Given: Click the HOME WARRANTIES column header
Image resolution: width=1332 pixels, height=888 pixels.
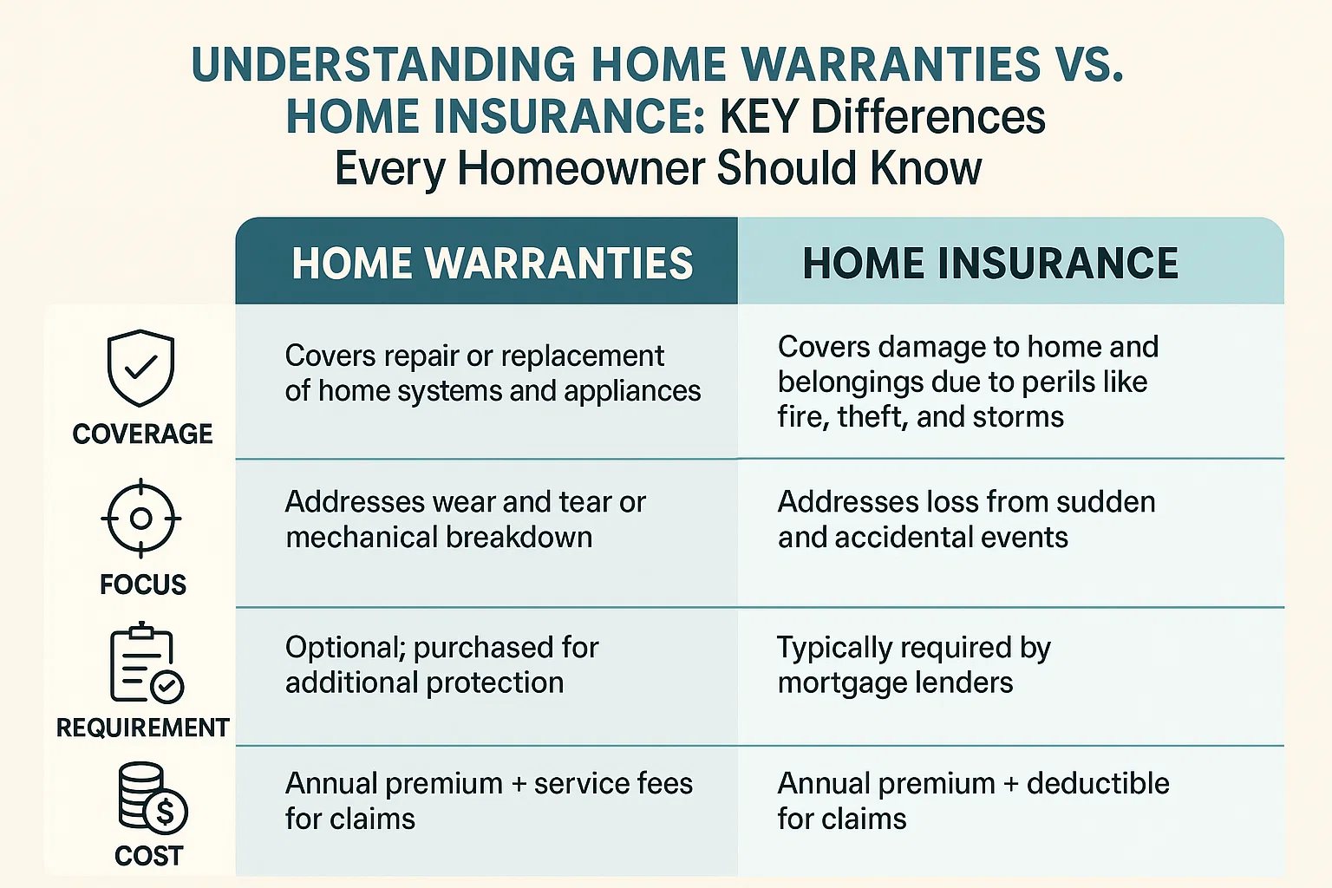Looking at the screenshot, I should point(492,264).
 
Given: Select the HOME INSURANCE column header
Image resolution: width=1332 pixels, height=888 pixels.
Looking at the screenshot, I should point(990,264).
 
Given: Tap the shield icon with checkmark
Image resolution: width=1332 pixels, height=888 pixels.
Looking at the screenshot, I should point(140,368).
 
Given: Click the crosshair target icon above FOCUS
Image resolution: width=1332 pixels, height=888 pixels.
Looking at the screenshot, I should point(141,519).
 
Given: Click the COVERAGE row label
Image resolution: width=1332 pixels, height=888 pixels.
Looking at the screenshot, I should point(142,434).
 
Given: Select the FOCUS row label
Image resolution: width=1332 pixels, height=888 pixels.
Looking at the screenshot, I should point(143,584).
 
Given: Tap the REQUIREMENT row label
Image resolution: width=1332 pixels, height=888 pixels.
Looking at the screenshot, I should point(143,727).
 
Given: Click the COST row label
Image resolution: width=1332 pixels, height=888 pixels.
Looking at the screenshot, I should point(149,856).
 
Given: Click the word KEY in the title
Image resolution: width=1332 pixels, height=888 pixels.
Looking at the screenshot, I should point(759,117).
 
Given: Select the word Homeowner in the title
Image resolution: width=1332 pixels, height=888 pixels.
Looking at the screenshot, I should point(582,168).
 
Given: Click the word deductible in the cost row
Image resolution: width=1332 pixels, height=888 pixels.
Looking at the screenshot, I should point(1098,784).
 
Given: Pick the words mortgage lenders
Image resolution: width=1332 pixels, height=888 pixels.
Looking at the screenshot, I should point(895,683).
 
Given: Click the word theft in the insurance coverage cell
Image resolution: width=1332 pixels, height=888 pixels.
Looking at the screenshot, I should point(871,417).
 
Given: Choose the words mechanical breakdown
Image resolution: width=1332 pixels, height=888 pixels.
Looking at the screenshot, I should point(439,538).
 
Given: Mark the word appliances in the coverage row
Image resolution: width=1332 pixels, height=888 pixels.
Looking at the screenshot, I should point(632,392).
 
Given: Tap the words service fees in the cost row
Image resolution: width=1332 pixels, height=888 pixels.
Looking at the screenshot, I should point(613,784).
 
